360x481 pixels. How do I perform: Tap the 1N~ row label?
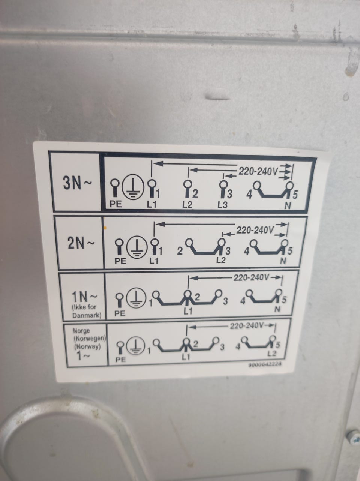(84, 297)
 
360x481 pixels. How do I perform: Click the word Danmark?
(87, 315)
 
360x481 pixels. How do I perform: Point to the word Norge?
(81, 331)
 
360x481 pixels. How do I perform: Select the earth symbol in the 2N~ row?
(137, 247)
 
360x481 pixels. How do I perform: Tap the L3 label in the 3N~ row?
(222, 205)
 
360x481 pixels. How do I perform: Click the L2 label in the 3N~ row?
(187, 205)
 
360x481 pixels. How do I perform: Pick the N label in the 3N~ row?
(288, 205)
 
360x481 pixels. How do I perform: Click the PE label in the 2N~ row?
(120, 261)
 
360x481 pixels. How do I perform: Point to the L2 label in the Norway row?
(272, 353)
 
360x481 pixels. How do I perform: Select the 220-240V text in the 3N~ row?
(258, 172)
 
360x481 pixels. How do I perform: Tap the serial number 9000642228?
(264, 364)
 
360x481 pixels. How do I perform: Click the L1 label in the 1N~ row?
(187, 312)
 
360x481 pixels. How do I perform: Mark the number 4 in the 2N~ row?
(247, 252)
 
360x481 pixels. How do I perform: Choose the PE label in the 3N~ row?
(115, 204)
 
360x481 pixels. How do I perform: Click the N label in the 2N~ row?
(283, 261)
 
